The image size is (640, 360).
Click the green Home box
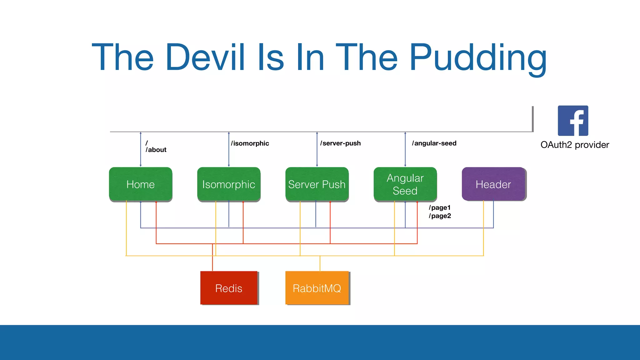coord(140,184)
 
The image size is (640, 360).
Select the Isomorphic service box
coord(229,184)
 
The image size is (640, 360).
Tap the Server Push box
coord(317,184)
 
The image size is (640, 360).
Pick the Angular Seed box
coord(405,184)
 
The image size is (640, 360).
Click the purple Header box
coord(493,184)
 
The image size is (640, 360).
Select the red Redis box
coord(229,288)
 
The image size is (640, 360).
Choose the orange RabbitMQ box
coord(317,288)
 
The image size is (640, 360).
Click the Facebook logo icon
coord(573,121)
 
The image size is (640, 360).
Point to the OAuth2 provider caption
coord(575,145)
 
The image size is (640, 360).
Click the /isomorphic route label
coord(250,143)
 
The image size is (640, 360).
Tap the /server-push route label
coord(340,143)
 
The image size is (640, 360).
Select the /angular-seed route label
coord(434,143)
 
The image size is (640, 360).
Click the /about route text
coord(156,150)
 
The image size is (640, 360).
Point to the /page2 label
coord(440,216)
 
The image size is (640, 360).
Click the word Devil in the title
coord(205,57)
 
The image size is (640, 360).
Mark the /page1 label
coord(440,207)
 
